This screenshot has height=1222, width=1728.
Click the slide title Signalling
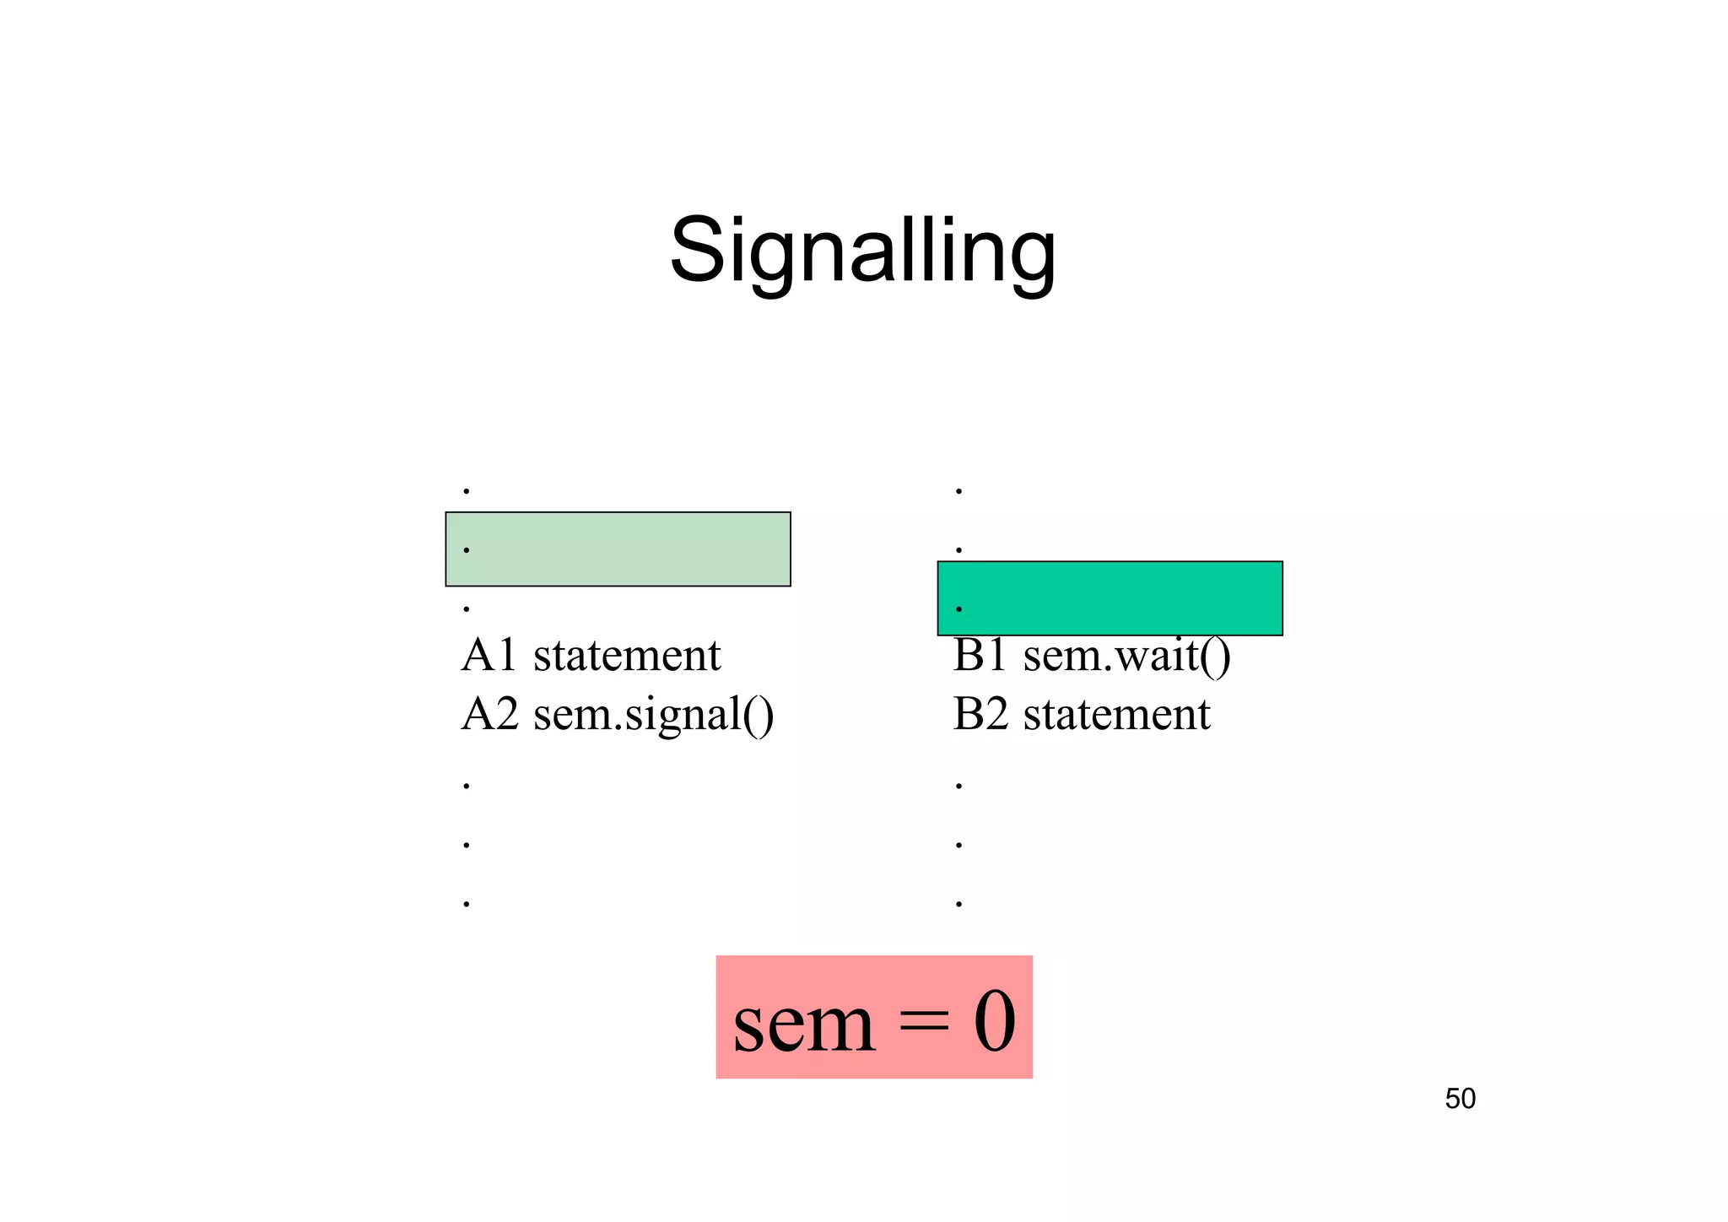(x=862, y=251)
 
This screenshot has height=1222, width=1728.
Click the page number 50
(x=1460, y=1099)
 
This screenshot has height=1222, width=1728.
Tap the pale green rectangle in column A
(x=618, y=549)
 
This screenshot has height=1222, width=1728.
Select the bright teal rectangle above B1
(x=1110, y=597)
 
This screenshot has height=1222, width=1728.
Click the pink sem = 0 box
(x=874, y=1017)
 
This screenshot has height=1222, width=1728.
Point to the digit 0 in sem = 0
(x=995, y=1021)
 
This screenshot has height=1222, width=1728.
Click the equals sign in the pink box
(x=923, y=1025)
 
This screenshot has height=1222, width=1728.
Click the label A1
(x=489, y=655)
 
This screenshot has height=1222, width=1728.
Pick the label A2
(x=489, y=714)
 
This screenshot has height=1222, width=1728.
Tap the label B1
(x=980, y=655)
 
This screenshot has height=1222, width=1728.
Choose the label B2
(x=980, y=714)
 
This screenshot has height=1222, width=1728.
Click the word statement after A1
(x=627, y=656)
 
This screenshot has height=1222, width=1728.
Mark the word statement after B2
(x=1116, y=715)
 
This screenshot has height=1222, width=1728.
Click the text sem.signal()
(x=653, y=715)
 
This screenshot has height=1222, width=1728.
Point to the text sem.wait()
(x=1126, y=656)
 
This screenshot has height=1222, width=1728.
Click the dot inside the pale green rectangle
(x=467, y=550)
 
